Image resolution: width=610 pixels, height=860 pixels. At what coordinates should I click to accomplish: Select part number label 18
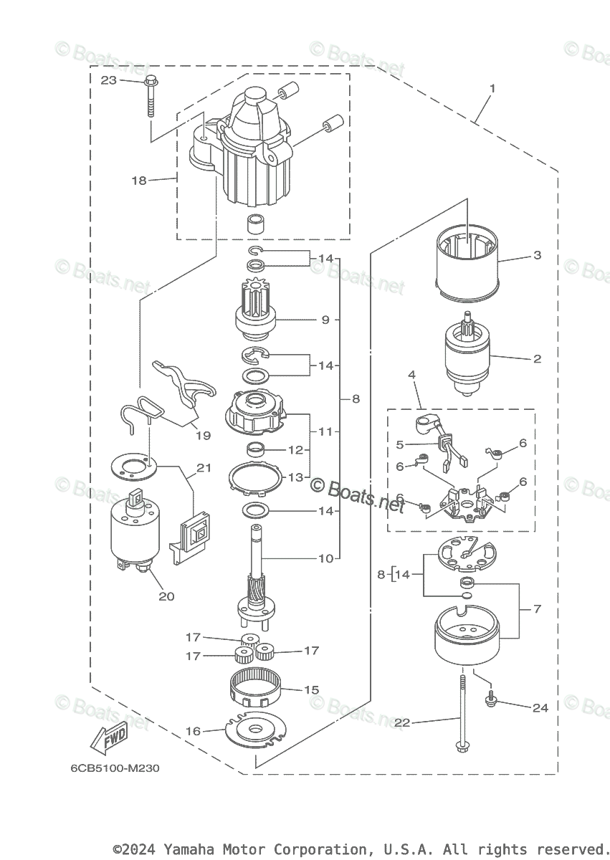tap(138, 181)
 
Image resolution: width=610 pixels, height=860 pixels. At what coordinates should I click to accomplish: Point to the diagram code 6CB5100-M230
tap(115, 769)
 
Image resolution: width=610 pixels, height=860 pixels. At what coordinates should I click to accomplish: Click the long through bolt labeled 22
tap(459, 717)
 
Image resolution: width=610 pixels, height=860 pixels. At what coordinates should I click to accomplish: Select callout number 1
tap(492, 89)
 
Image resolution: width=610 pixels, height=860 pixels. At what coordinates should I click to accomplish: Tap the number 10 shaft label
tap(325, 558)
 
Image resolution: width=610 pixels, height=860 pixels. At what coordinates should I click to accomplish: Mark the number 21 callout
tap(204, 468)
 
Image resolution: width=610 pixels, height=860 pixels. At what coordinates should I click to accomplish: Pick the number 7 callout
tap(537, 608)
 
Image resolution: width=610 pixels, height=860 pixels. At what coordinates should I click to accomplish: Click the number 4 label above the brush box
tap(411, 374)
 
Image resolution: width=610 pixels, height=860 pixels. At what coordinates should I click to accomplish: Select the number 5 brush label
tap(400, 444)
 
